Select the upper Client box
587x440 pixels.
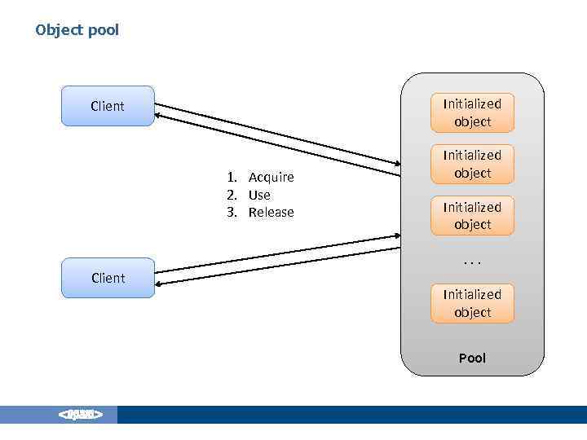tap(108, 106)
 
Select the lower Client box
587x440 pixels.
tap(108, 278)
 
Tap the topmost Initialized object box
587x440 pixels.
tap(472, 112)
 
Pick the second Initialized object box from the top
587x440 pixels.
tap(472, 164)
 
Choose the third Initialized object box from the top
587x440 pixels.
tap(472, 215)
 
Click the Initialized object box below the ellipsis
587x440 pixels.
tap(472, 303)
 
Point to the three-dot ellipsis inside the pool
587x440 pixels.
tap(472, 262)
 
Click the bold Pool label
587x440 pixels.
tap(472, 358)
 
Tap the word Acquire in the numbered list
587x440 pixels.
tap(271, 178)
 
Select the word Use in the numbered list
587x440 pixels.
tap(259, 195)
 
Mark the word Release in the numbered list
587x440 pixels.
tap(271, 213)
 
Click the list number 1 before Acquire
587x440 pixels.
tap(231, 178)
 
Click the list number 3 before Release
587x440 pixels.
tap(231, 213)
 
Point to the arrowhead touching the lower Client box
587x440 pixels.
tap(160, 283)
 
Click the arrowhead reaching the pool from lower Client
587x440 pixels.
tap(396, 237)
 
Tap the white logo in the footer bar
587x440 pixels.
tap(80, 415)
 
